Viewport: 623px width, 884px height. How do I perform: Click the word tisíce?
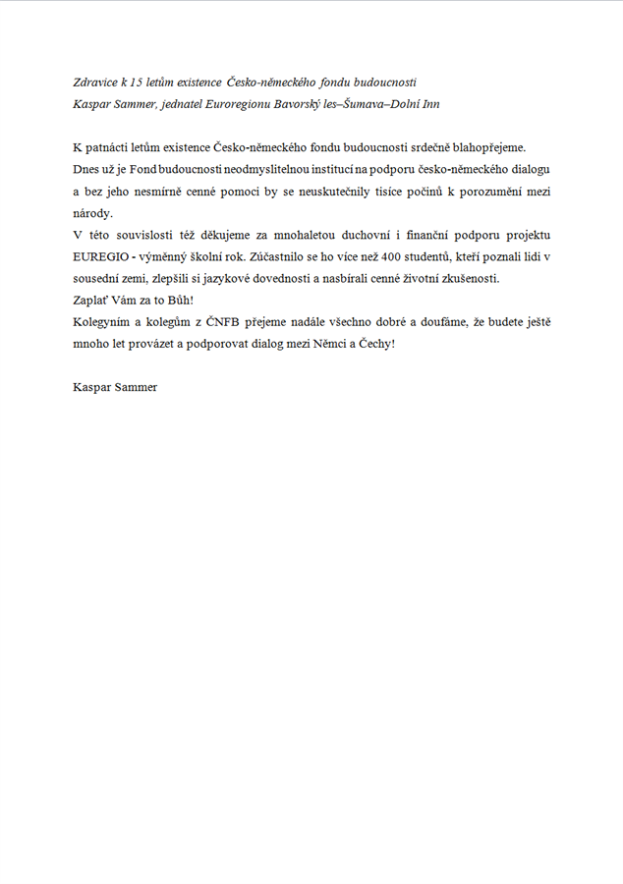(405, 192)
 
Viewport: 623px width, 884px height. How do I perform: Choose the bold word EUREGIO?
(101, 256)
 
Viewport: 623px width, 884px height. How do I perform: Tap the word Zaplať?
(91, 300)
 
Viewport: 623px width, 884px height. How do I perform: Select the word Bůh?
(182, 300)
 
